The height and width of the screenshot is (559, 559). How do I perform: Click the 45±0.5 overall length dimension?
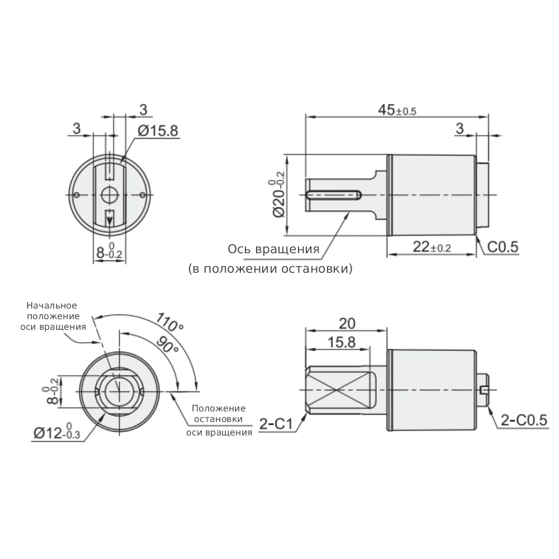397,110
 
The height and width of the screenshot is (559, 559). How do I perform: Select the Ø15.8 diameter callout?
158,131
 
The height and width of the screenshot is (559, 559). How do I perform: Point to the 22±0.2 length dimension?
432,247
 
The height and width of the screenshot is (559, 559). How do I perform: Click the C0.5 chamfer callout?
503,247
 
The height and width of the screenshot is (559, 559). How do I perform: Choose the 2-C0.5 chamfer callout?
524,420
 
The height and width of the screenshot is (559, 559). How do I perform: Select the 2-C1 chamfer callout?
276,424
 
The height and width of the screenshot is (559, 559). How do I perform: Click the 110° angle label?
170,322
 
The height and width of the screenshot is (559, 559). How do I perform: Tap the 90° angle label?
167,344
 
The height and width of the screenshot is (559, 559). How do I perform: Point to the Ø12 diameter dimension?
57,432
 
